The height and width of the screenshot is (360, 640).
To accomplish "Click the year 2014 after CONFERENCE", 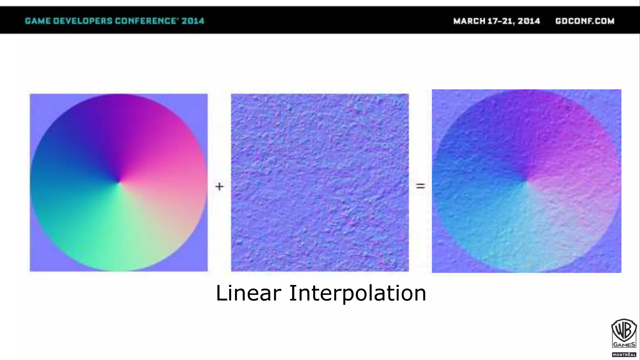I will tap(193, 21).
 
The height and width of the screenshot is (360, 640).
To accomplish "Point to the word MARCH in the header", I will tap(469, 21).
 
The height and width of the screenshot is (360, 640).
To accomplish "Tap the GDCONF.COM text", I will tap(585, 21).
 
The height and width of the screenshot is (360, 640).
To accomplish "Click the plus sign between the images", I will tap(219, 187).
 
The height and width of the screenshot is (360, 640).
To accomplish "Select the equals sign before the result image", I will tap(420, 186).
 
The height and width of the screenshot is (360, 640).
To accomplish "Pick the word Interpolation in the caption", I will tap(357, 293).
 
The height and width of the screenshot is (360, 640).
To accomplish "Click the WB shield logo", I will tap(624, 331).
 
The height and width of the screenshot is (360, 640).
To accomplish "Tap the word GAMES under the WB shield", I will tap(624, 345).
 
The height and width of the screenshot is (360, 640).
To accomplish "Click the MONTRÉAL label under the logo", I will tap(624, 355).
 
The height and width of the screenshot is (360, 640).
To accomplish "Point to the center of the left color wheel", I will tap(119, 182).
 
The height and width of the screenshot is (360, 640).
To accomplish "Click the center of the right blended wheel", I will tap(526, 181).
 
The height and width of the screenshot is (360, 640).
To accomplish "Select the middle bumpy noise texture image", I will tap(320, 182).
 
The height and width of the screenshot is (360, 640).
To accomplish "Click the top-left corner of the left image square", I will tap(31, 95).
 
